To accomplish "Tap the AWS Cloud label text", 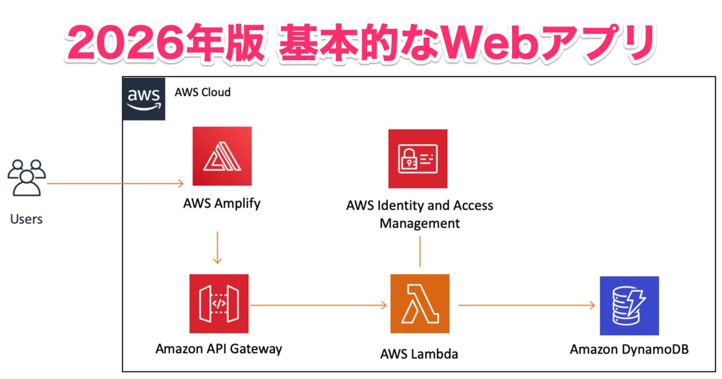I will pyautogui.click(x=202, y=93).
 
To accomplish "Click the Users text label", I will pyautogui.click(x=26, y=219).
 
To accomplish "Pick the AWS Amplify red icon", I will pyautogui.click(x=222, y=156).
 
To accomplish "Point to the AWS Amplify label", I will pyautogui.click(x=222, y=203).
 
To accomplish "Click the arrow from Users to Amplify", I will pyautogui.click(x=114, y=183).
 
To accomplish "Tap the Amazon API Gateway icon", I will pyautogui.click(x=218, y=304).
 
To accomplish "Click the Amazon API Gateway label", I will pyautogui.click(x=218, y=348).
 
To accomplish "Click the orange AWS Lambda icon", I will pyautogui.click(x=420, y=304).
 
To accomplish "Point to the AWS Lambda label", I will pyautogui.click(x=419, y=354).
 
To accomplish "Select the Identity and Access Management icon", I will pyautogui.click(x=418, y=159).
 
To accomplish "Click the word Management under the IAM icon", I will pyautogui.click(x=419, y=224).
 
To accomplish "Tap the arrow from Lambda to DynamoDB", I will pyautogui.click(x=526, y=305).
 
